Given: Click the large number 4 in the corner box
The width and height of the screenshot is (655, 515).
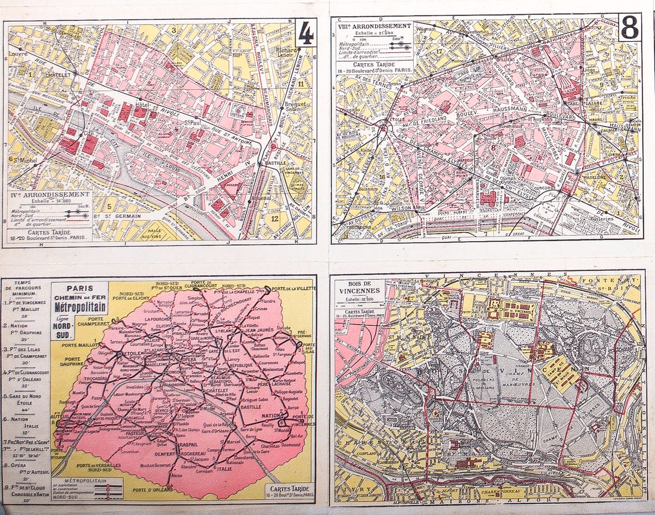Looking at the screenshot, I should (x=305, y=35).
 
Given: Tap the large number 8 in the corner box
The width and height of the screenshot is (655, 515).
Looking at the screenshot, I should (x=629, y=28).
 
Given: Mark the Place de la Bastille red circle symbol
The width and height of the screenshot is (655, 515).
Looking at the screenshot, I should (x=273, y=146).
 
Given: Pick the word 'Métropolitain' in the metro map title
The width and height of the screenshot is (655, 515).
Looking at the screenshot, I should (x=79, y=308).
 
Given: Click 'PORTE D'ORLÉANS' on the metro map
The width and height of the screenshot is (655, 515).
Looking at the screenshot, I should (x=152, y=489).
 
